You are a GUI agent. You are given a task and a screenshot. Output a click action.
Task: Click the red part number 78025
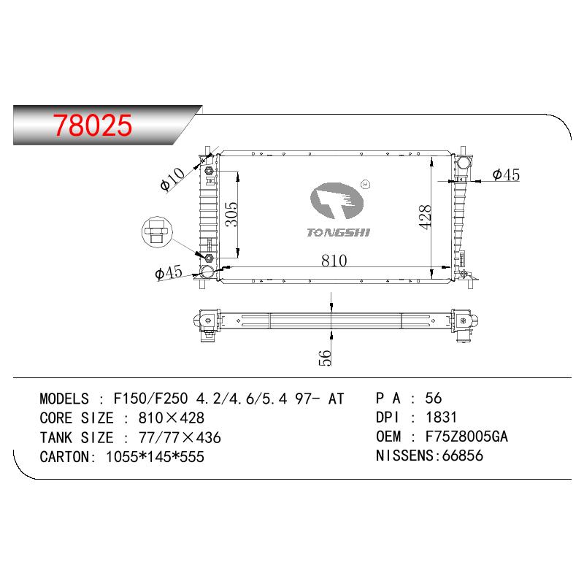[93, 125]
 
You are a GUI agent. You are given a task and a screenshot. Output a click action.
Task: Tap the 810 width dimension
[334, 261]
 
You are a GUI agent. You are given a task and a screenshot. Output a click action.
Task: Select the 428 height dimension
[425, 217]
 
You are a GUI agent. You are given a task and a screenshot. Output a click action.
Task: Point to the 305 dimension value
[231, 214]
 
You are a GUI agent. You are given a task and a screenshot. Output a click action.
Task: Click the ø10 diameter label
[172, 179]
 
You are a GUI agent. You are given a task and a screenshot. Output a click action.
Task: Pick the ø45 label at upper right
[506, 174]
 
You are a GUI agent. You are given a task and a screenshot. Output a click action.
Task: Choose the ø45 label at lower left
[169, 272]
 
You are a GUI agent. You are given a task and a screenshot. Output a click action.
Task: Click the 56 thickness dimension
[325, 357]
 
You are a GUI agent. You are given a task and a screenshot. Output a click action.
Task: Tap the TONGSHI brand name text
[338, 233]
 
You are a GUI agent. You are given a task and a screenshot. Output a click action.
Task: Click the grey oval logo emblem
[337, 200]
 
